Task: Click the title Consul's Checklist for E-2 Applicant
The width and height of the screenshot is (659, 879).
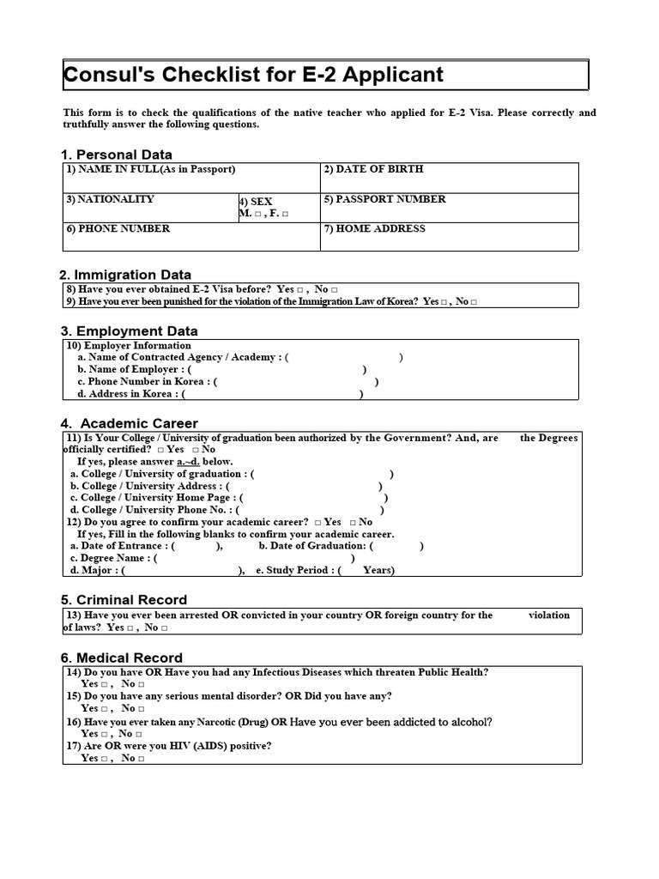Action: click(254, 75)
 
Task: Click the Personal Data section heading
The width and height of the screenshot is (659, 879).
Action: click(117, 155)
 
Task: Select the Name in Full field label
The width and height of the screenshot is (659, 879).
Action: click(150, 170)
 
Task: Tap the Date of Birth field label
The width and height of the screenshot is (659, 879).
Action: click(373, 170)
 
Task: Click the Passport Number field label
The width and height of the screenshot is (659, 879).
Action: click(384, 199)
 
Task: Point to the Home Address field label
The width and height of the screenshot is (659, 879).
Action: click(374, 229)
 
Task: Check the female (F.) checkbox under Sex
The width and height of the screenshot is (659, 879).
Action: click(285, 214)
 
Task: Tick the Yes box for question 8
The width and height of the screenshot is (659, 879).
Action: click(300, 291)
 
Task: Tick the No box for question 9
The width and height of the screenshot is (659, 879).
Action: click(473, 302)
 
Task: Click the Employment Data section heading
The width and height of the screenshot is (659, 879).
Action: click(129, 331)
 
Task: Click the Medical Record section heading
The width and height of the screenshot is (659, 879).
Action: click(122, 658)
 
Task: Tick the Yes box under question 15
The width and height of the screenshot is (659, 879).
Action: click(104, 709)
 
